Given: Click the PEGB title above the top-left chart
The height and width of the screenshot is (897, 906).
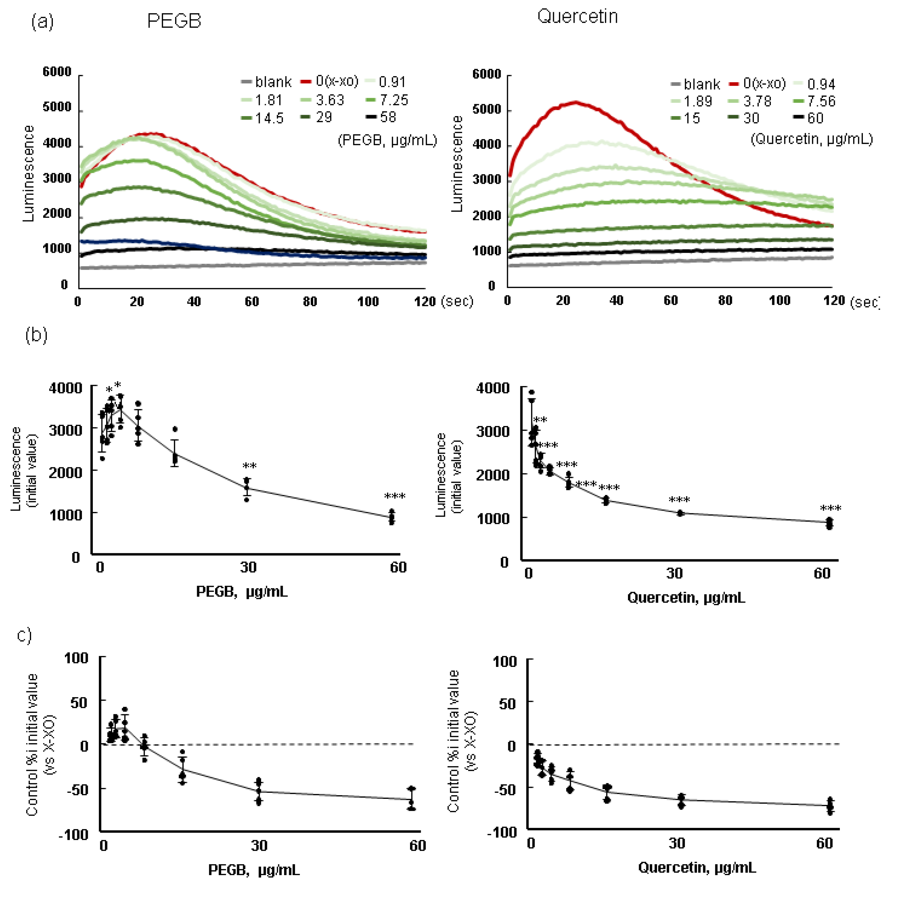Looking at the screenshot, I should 174,21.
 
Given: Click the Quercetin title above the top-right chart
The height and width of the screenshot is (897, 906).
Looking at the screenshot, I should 577,17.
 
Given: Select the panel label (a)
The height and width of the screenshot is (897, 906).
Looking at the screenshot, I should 42,22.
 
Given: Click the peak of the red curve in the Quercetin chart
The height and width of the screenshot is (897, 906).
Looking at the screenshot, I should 576,102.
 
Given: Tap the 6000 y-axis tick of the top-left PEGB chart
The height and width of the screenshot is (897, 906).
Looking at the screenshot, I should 57,72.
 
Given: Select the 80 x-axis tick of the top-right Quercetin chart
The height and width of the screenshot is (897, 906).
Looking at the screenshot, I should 725,301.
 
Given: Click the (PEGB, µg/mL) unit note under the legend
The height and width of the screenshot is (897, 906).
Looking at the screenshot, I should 387,140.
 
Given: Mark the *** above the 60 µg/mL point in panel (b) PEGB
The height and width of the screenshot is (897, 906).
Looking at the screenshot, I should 395,496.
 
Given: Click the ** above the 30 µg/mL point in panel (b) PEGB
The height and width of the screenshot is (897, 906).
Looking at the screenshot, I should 249,466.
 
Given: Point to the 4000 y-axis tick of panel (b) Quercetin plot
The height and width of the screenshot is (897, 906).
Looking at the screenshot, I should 492,388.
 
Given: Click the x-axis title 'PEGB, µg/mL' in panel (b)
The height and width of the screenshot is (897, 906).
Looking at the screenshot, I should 241,591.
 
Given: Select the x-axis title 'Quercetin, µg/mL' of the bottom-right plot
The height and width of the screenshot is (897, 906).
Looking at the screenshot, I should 697,868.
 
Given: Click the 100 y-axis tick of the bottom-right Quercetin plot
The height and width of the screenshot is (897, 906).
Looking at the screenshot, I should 505,661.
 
